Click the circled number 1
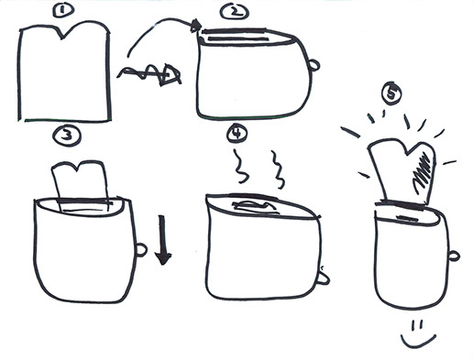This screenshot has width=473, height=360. click(63, 10)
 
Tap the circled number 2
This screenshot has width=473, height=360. click(235, 12)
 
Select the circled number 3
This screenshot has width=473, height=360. click(66, 136)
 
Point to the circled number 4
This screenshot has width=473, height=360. click(237, 134)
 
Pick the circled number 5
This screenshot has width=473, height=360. click(391, 93)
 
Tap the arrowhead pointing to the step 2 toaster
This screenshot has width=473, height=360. click(196, 26)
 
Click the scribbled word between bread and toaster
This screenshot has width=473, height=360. click(149, 74)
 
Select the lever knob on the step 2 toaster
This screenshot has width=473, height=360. click(314, 65)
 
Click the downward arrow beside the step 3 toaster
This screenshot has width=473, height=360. click(162, 240)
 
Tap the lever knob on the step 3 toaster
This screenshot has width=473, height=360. click(141, 250)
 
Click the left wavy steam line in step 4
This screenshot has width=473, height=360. click(239, 167)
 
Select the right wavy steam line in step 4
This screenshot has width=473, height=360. click(278, 169)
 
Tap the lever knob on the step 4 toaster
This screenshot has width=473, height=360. click(324, 278)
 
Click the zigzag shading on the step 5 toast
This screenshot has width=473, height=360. click(423, 172)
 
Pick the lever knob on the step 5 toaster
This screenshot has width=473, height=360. click(454, 256)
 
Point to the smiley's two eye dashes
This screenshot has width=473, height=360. click(417, 325)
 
